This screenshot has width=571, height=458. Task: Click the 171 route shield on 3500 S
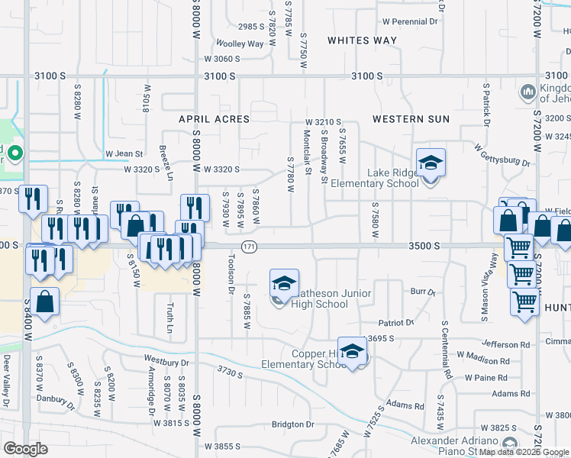pyautogui.click(x=250, y=246)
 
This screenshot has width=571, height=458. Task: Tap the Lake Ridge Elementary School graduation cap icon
pyautogui.click(x=431, y=163)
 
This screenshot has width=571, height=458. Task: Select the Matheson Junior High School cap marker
pyautogui.click(x=284, y=285)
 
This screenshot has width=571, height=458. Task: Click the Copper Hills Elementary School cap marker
pyautogui.click(x=352, y=352)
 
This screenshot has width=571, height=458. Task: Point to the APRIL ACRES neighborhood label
pyautogui.click(x=215, y=119)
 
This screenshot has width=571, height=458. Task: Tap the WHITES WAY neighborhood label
pyautogui.click(x=363, y=40)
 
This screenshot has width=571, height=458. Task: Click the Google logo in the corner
pyautogui.click(x=26, y=449)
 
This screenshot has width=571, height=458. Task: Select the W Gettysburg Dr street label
pyautogui.click(x=502, y=154)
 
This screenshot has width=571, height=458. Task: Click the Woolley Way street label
pyautogui.click(x=240, y=44)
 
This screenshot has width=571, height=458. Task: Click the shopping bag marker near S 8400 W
pyautogui.click(x=45, y=302)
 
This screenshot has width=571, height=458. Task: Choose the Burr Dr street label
pyautogui.click(x=422, y=292)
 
